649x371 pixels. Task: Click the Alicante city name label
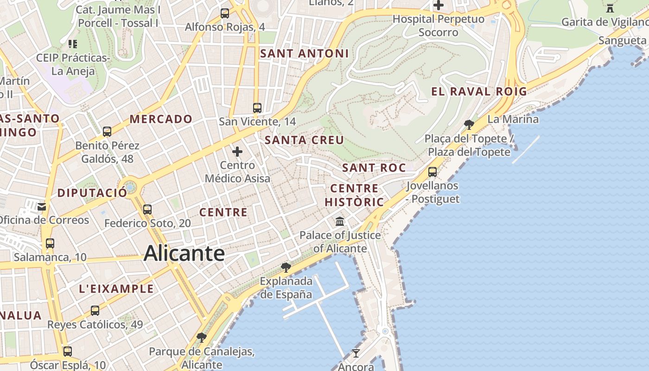click(184, 253)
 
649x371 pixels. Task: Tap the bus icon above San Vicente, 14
click(257, 108)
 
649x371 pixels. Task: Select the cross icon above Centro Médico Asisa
click(237, 152)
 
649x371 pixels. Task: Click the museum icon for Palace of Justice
click(340, 221)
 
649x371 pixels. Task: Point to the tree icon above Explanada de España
click(286, 267)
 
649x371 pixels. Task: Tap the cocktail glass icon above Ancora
click(356, 353)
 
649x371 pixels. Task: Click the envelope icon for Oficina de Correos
click(42, 206)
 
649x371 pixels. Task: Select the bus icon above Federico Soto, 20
click(147, 209)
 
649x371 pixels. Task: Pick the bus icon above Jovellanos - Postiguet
click(433, 172)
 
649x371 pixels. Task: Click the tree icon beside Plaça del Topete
click(469, 124)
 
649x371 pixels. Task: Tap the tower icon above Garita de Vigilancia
click(610, 8)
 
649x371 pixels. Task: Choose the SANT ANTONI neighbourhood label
click(304, 53)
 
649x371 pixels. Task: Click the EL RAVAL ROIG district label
click(479, 91)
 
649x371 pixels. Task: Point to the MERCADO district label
click(161, 119)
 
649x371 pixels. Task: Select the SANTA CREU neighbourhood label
click(304, 140)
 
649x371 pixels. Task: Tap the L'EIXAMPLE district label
click(116, 288)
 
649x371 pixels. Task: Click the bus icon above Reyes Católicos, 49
click(95, 311)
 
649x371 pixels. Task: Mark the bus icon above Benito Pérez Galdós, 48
click(107, 132)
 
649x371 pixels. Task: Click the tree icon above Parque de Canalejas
click(201, 337)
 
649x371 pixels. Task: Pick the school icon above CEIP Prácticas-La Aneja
click(73, 44)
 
